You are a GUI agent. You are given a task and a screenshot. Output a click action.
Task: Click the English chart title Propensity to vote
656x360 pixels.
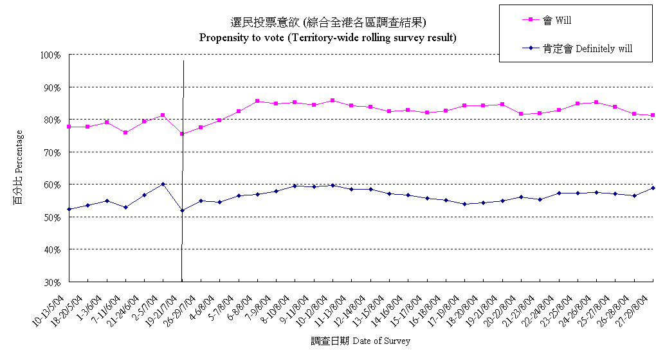[328, 37]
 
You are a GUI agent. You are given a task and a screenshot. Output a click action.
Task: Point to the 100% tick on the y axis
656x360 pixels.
[50, 55]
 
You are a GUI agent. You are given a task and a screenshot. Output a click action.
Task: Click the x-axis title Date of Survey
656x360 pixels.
[360, 341]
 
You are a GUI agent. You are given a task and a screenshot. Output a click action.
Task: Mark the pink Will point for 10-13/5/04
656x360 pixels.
[69, 127]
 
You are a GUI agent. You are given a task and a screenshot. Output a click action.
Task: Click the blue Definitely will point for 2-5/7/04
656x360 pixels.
[163, 184]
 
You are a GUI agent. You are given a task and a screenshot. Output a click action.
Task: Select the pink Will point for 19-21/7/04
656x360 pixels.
[182, 134]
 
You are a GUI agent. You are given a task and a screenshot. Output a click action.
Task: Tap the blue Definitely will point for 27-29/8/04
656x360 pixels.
[653, 188]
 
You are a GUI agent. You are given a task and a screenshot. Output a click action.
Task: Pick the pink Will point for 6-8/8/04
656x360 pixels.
[257, 101]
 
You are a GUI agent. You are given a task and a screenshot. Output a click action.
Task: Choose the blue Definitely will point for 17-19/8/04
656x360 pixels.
[464, 204]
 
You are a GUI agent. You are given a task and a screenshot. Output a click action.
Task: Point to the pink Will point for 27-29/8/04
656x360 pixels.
[653, 115]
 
